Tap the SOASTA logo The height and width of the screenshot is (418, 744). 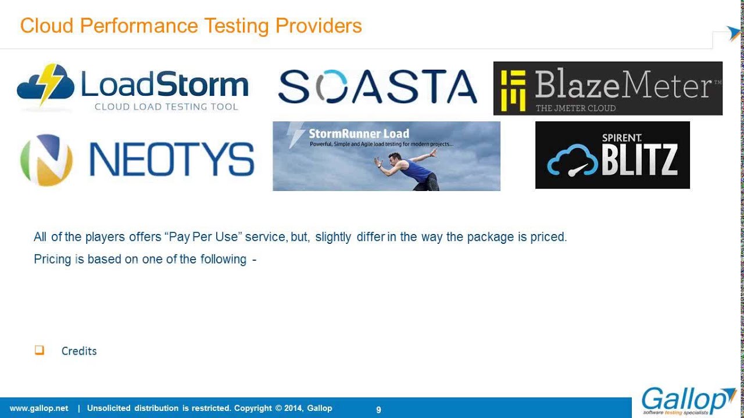tap(377, 87)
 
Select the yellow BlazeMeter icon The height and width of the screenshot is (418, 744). tap(513, 90)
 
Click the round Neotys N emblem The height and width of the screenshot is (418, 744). tap(46, 160)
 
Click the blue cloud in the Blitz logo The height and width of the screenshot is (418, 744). tap(572, 160)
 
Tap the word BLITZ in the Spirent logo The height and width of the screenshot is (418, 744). tap(639, 160)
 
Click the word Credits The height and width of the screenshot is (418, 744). tap(79, 351)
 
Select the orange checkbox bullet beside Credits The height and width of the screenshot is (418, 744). tap(40, 350)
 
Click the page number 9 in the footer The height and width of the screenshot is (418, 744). tap(378, 410)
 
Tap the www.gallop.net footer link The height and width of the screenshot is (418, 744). tap(39, 408)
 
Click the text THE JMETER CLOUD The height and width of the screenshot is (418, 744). tap(575, 108)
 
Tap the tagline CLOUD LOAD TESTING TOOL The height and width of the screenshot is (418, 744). tap(166, 107)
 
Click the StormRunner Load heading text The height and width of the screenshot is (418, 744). tap(359, 134)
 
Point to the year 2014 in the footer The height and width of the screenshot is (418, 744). tap(292, 408)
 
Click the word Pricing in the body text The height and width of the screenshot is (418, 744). tap(52, 259)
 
